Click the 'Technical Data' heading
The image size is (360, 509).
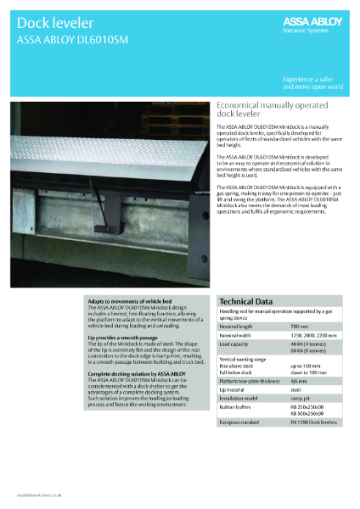pos(246,301)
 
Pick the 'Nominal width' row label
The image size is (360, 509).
pos(238,335)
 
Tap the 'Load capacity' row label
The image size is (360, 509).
pos(236,344)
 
